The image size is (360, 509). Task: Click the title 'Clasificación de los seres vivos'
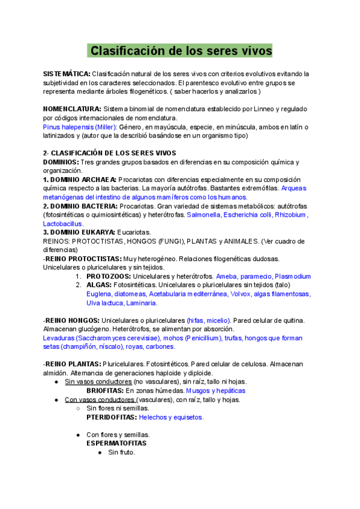(x=180, y=50)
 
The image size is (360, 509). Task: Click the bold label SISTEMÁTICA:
(x=66, y=74)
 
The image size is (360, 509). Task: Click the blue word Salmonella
(x=204, y=215)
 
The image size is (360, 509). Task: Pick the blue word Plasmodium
(x=293, y=277)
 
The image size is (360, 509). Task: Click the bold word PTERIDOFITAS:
(x=112, y=417)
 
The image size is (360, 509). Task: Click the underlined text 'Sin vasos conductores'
(x=98, y=382)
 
